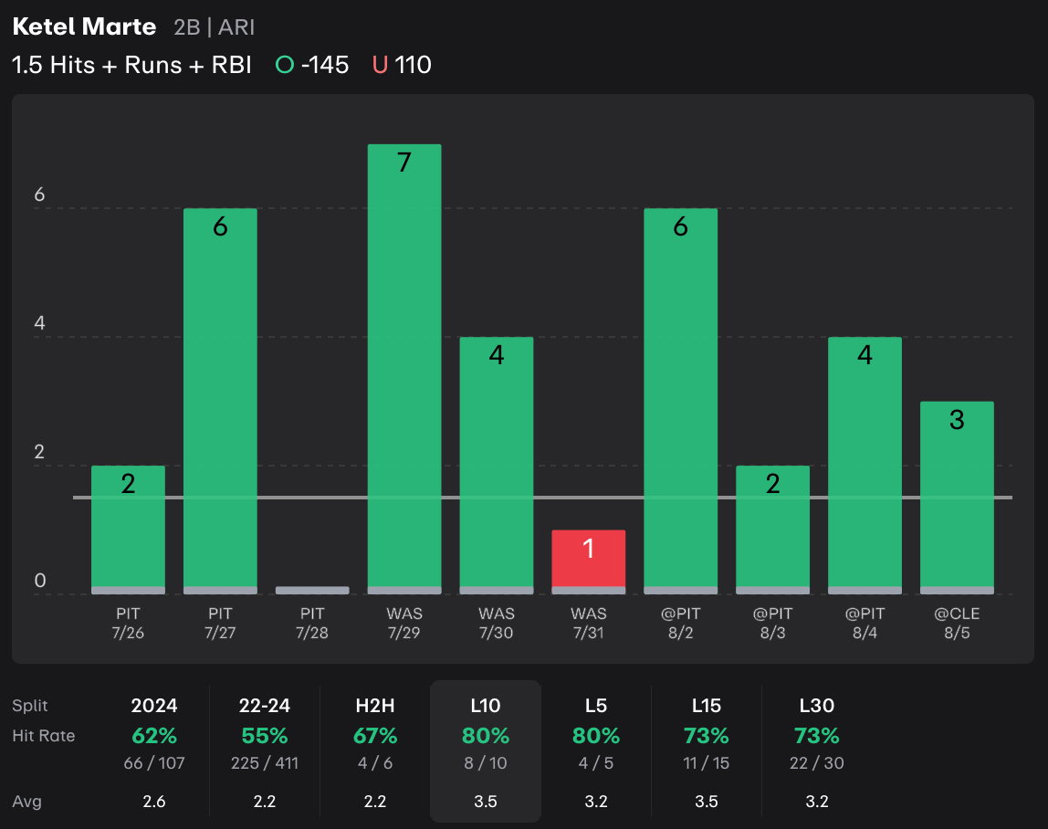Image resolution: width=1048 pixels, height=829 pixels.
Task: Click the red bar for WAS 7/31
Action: click(588, 561)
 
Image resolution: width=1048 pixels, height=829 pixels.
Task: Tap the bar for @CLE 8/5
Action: click(957, 498)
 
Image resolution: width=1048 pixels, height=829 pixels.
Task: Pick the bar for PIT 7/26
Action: click(128, 530)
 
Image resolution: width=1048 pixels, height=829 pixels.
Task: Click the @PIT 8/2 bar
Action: click(680, 401)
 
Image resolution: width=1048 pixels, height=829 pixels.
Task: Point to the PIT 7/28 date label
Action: click(312, 623)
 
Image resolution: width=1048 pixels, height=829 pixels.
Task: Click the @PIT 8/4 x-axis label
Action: click(865, 623)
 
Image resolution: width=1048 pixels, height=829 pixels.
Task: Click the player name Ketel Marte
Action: click(84, 26)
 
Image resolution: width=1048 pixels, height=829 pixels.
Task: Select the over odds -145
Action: click(324, 65)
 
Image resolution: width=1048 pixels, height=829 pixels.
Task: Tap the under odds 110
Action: click(413, 65)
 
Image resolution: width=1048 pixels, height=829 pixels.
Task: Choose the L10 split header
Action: click(485, 705)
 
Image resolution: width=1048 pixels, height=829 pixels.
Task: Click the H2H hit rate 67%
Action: click(375, 735)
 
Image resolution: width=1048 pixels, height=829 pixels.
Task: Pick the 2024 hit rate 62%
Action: click(154, 735)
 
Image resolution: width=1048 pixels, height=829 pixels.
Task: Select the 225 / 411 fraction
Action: click(265, 762)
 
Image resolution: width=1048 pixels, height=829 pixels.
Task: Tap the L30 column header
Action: click(816, 705)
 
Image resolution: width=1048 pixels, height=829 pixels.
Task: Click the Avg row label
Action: click(26, 802)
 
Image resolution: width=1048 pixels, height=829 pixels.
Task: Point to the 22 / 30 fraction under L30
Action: click(816, 762)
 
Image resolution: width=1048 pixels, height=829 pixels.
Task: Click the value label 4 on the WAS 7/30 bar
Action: click(497, 355)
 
